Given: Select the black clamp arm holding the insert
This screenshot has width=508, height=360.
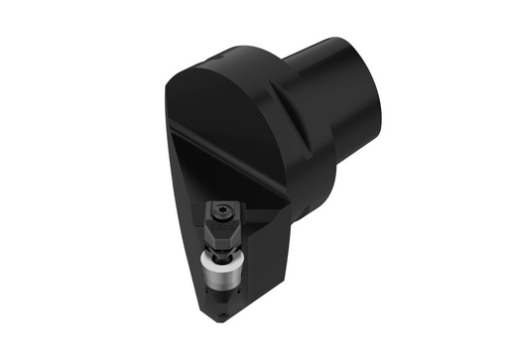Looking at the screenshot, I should [227, 230].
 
